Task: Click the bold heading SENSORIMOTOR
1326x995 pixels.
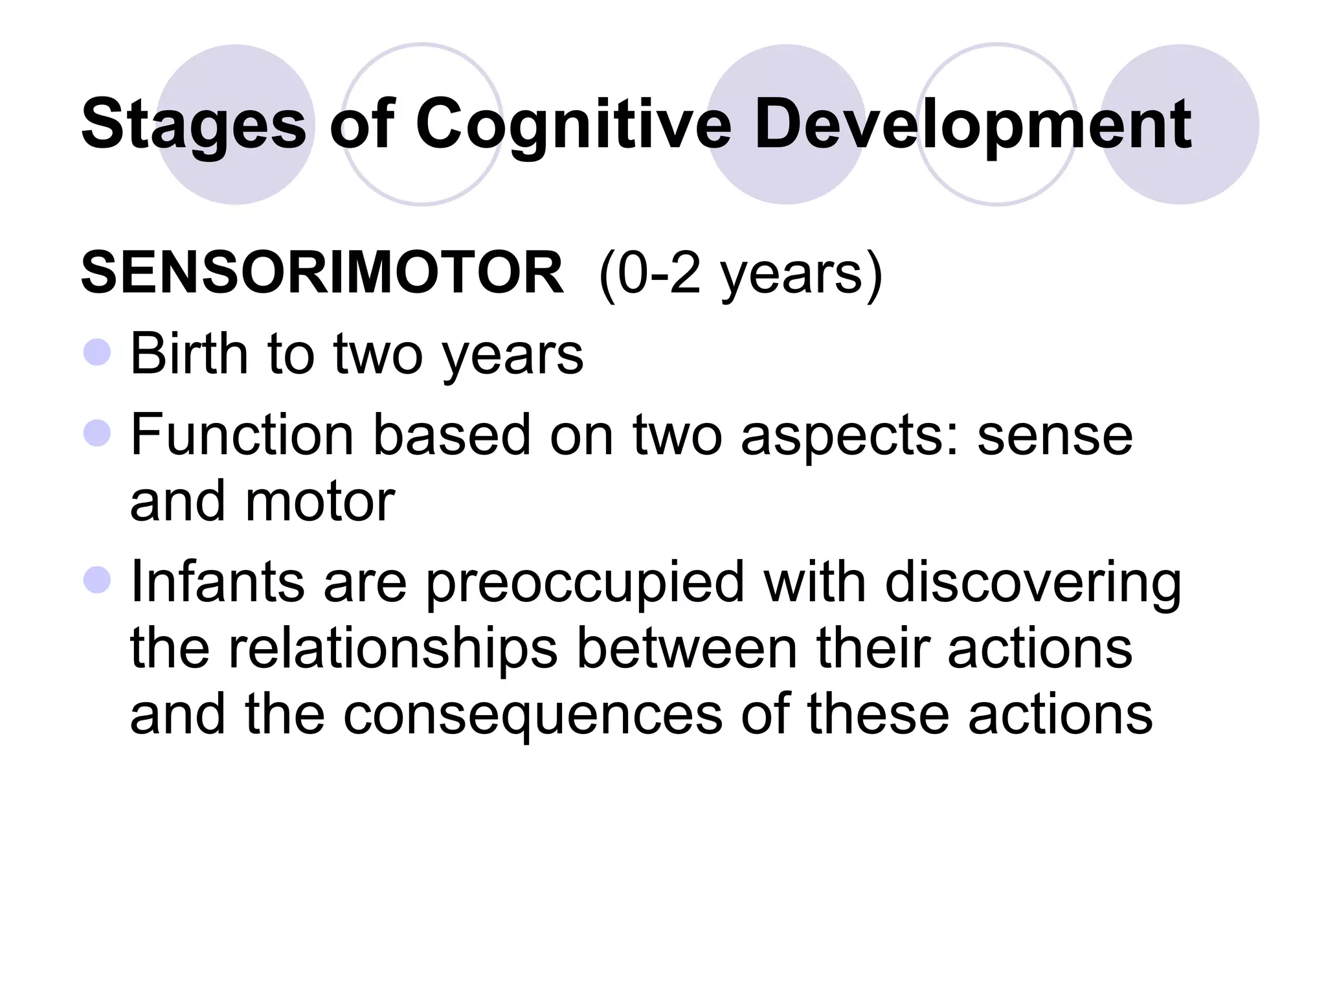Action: (322, 273)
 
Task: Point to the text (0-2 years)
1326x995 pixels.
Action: (740, 273)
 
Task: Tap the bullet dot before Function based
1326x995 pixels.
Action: (97, 433)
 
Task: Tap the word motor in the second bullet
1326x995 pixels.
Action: (320, 501)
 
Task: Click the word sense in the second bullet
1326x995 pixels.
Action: (1055, 435)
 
